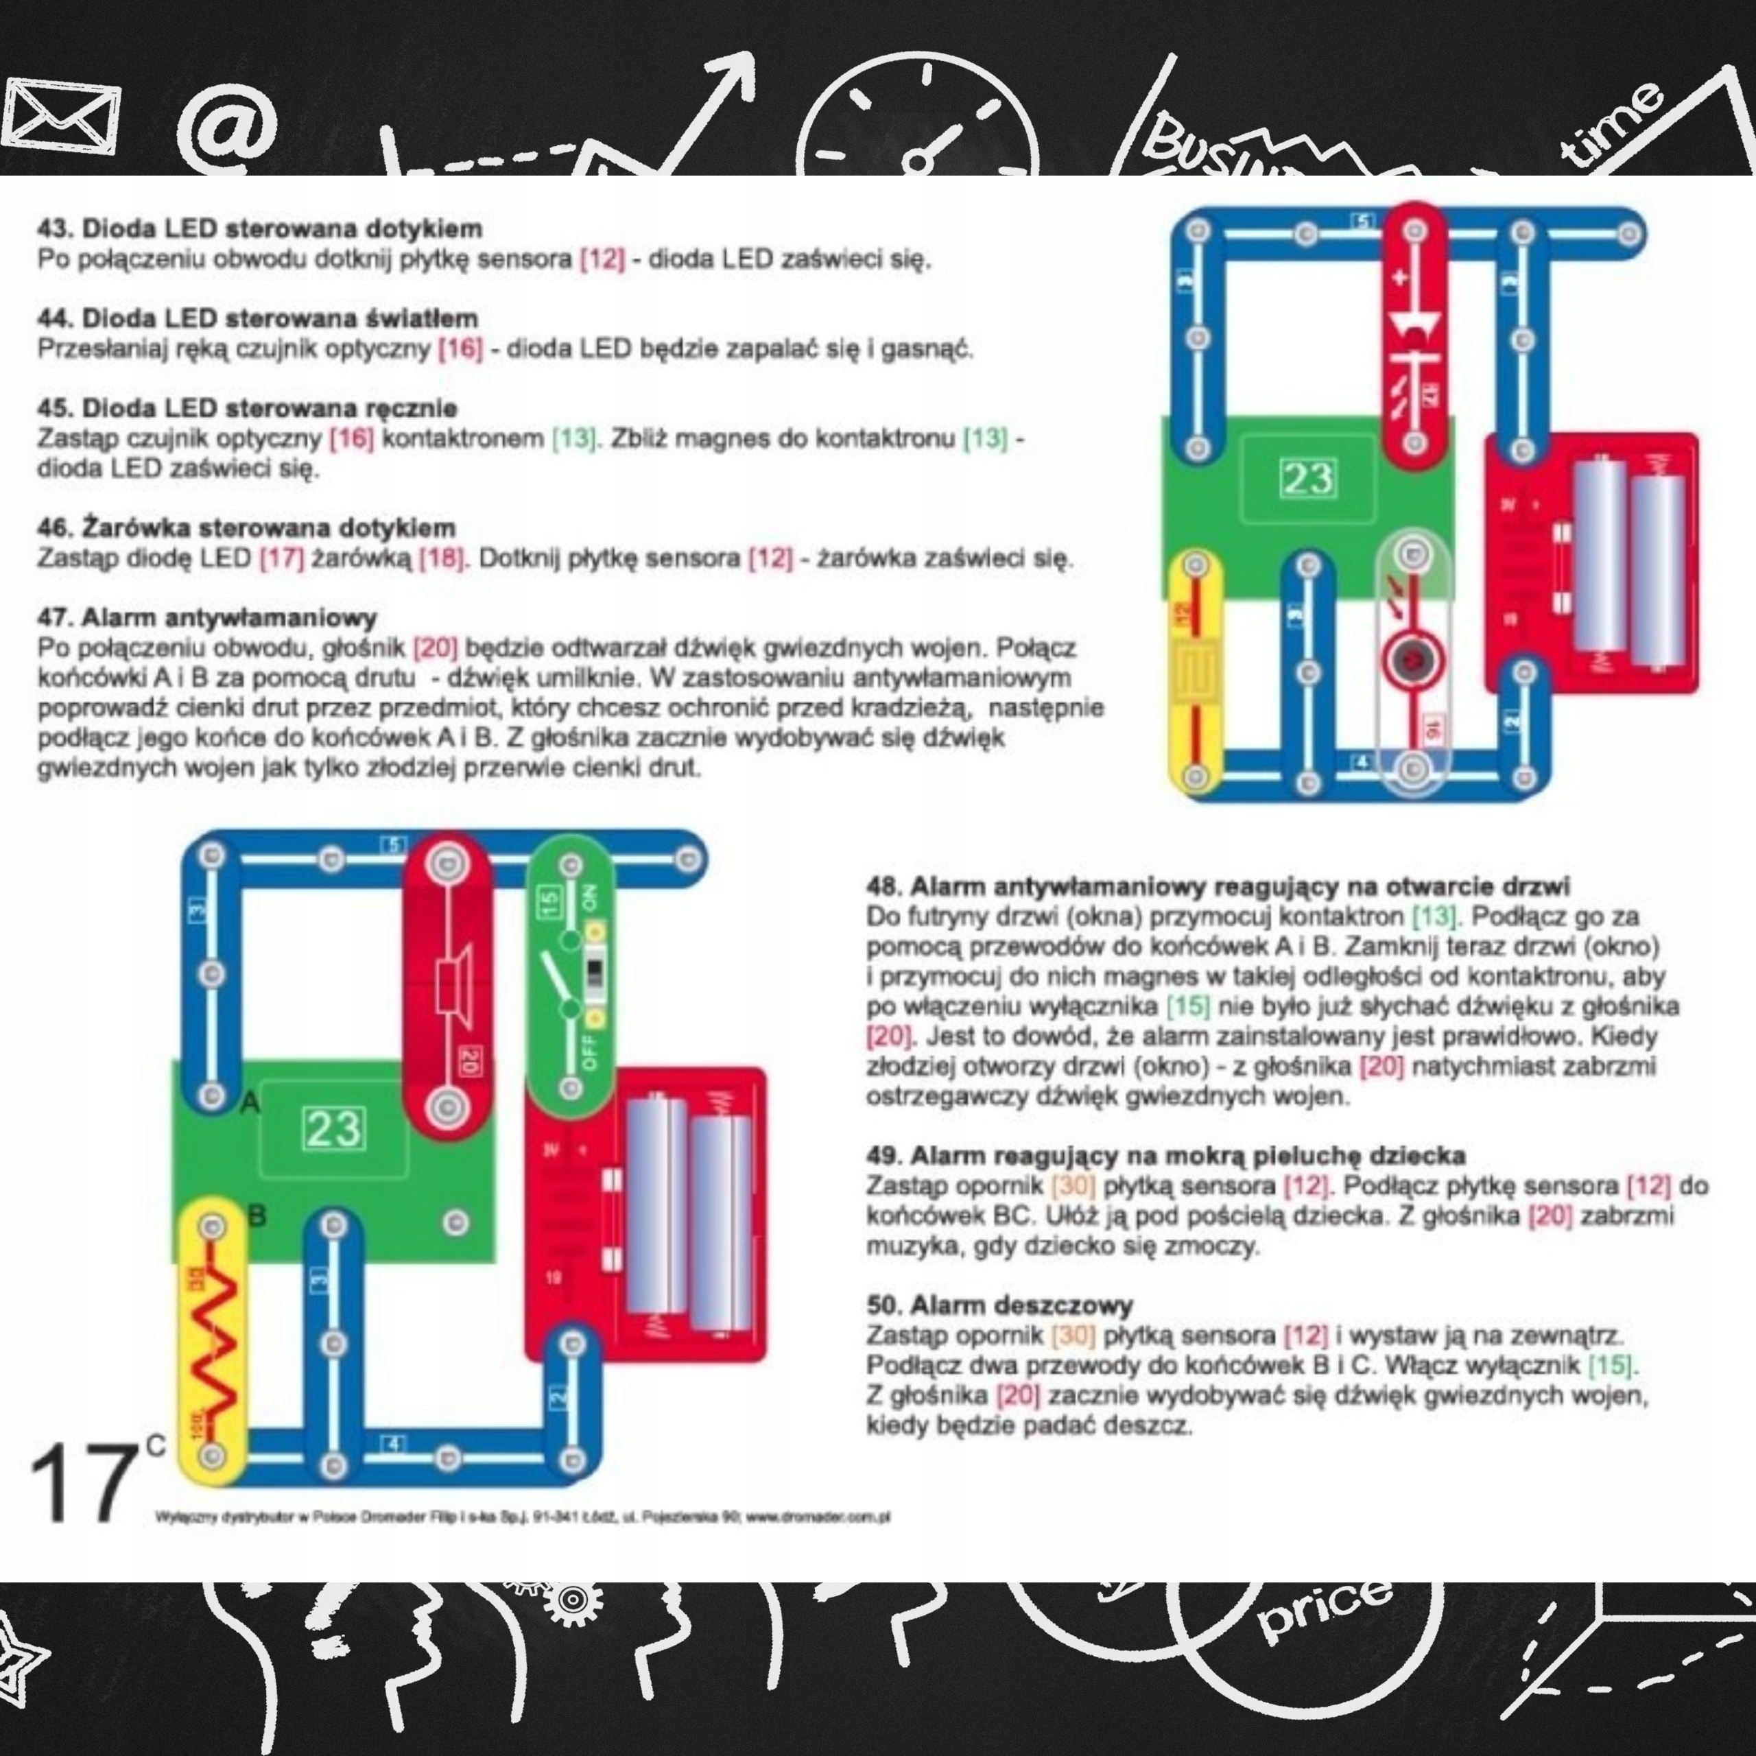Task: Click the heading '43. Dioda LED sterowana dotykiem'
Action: pyautogui.click(x=259, y=228)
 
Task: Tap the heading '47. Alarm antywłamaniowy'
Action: pyautogui.click(x=206, y=618)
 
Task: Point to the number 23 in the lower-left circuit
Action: pyautogui.click(x=335, y=1130)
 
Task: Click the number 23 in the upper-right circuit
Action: pyautogui.click(x=1308, y=479)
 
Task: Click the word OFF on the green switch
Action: pyautogui.click(x=590, y=1052)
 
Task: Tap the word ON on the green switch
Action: pyautogui.click(x=590, y=900)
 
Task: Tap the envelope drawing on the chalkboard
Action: pyautogui.click(x=61, y=114)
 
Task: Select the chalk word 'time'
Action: pyautogui.click(x=1614, y=123)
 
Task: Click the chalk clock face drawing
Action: pyautogui.click(x=921, y=128)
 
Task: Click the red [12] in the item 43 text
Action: pyautogui.click(x=602, y=259)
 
